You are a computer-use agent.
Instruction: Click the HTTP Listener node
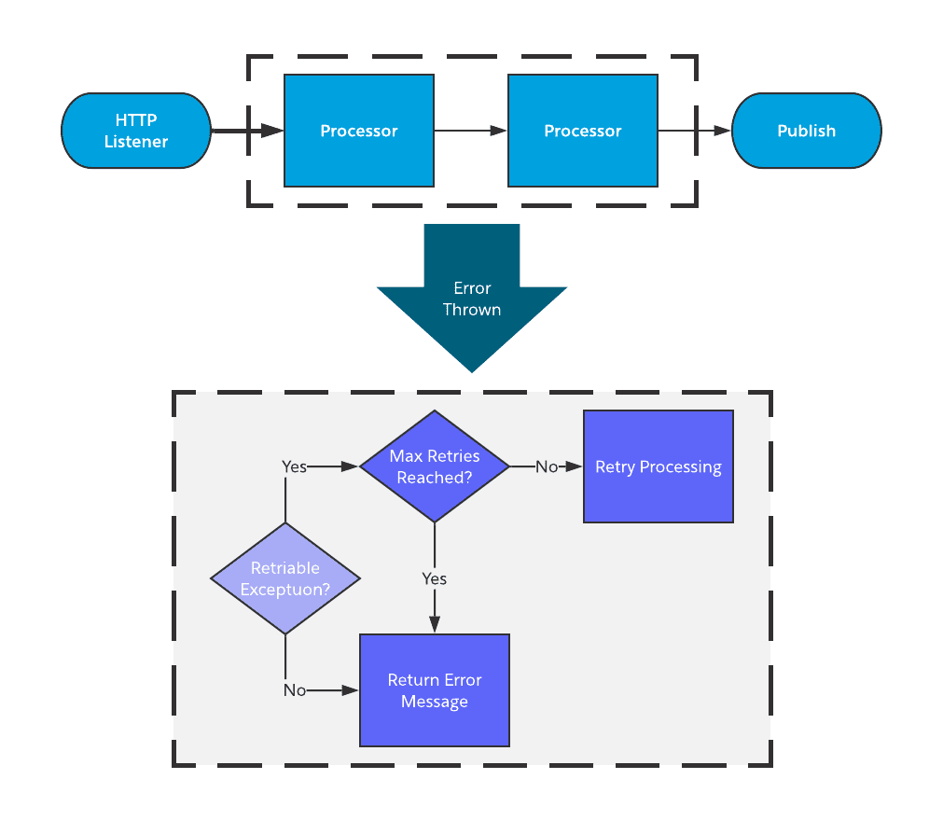click(136, 131)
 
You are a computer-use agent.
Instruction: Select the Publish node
click(806, 131)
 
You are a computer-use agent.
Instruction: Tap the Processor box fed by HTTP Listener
click(359, 131)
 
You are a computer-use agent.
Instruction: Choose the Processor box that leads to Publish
click(583, 131)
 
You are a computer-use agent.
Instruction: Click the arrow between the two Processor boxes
click(470, 131)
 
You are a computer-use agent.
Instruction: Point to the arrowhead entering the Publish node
click(722, 131)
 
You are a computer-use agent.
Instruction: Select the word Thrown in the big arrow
click(472, 310)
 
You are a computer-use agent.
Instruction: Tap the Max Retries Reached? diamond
click(435, 466)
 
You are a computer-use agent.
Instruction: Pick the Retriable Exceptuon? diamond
click(285, 578)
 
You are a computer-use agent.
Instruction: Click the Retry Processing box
click(659, 466)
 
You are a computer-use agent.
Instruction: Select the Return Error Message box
click(435, 690)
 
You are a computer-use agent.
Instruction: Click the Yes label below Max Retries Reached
click(435, 578)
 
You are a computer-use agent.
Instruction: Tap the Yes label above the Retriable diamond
click(294, 466)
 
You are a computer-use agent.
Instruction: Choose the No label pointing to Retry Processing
click(547, 466)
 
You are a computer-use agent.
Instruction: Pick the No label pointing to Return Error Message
click(295, 690)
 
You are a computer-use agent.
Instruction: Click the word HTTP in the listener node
click(136, 120)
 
